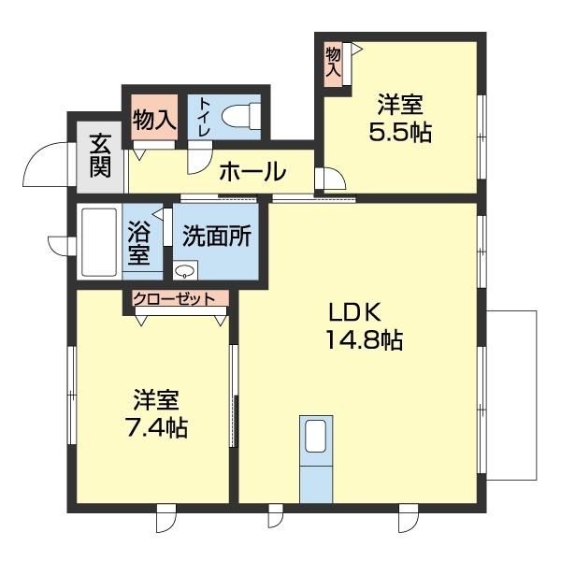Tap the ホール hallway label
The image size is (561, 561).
coord(252,172)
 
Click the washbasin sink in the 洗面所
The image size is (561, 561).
coord(186,272)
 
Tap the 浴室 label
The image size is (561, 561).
coord(139,241)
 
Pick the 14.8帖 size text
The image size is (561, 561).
coord(364,341)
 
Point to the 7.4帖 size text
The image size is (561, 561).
coord(156,428)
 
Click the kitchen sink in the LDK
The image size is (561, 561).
coord(316,437)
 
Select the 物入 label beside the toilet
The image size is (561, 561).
coord(154,120)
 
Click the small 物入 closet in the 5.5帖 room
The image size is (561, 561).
coord(334,65)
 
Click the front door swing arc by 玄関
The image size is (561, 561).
coord(41,165)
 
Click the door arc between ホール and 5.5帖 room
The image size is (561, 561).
coord(329,177)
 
